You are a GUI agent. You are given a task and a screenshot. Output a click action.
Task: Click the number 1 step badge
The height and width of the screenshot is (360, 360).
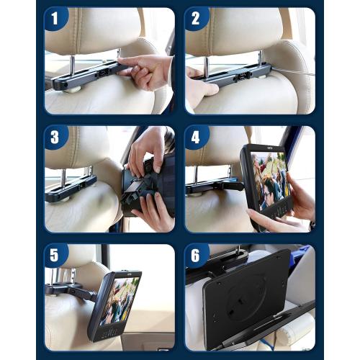pos(57,19)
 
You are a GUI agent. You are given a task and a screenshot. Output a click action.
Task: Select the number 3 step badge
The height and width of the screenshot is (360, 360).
pos(57,138)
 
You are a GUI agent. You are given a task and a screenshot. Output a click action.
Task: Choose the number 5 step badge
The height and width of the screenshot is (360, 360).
pos(57,256)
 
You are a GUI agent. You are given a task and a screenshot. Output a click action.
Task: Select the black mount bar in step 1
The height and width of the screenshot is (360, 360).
pos(86,76)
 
